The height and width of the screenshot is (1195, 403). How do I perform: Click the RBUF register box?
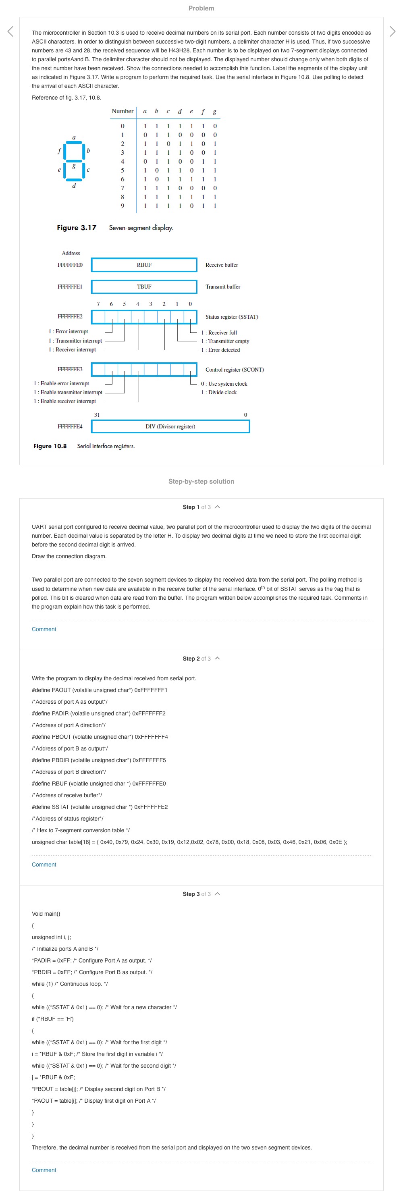tap(144, 265)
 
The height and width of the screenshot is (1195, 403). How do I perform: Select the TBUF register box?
tap(144, 287)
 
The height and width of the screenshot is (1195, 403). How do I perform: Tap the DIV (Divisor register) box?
tap(170, 426)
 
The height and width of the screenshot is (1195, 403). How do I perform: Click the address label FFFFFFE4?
tap(70, 426)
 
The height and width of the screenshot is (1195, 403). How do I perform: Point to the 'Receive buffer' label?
tap(222, 265)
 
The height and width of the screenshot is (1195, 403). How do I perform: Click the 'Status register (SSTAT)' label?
tap(231, 317)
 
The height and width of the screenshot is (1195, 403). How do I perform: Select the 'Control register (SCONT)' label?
tap(234, 370)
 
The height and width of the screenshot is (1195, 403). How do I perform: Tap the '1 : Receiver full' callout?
tap(219, 333)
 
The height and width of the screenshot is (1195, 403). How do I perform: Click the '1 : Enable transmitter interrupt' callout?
tap(68, 393)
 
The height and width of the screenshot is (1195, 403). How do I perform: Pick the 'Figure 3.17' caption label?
tap(77, 228)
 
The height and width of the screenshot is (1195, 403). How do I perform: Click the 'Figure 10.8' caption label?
tap(50, 446)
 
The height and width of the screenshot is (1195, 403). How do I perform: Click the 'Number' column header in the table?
tap(123, 111)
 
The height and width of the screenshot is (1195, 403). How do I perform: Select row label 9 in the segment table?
tap(123, 206)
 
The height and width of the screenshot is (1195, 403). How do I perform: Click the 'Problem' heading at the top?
tap(201, 8)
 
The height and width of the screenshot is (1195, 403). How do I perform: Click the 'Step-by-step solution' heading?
tap(201, 482)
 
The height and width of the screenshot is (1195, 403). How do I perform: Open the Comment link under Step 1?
tap(44, 630)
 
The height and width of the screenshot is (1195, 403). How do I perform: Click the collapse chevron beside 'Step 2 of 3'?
tap(218, 658)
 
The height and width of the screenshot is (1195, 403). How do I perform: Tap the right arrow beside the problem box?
tap(393, 31)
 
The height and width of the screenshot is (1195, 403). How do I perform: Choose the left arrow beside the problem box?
tap(10, 31)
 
